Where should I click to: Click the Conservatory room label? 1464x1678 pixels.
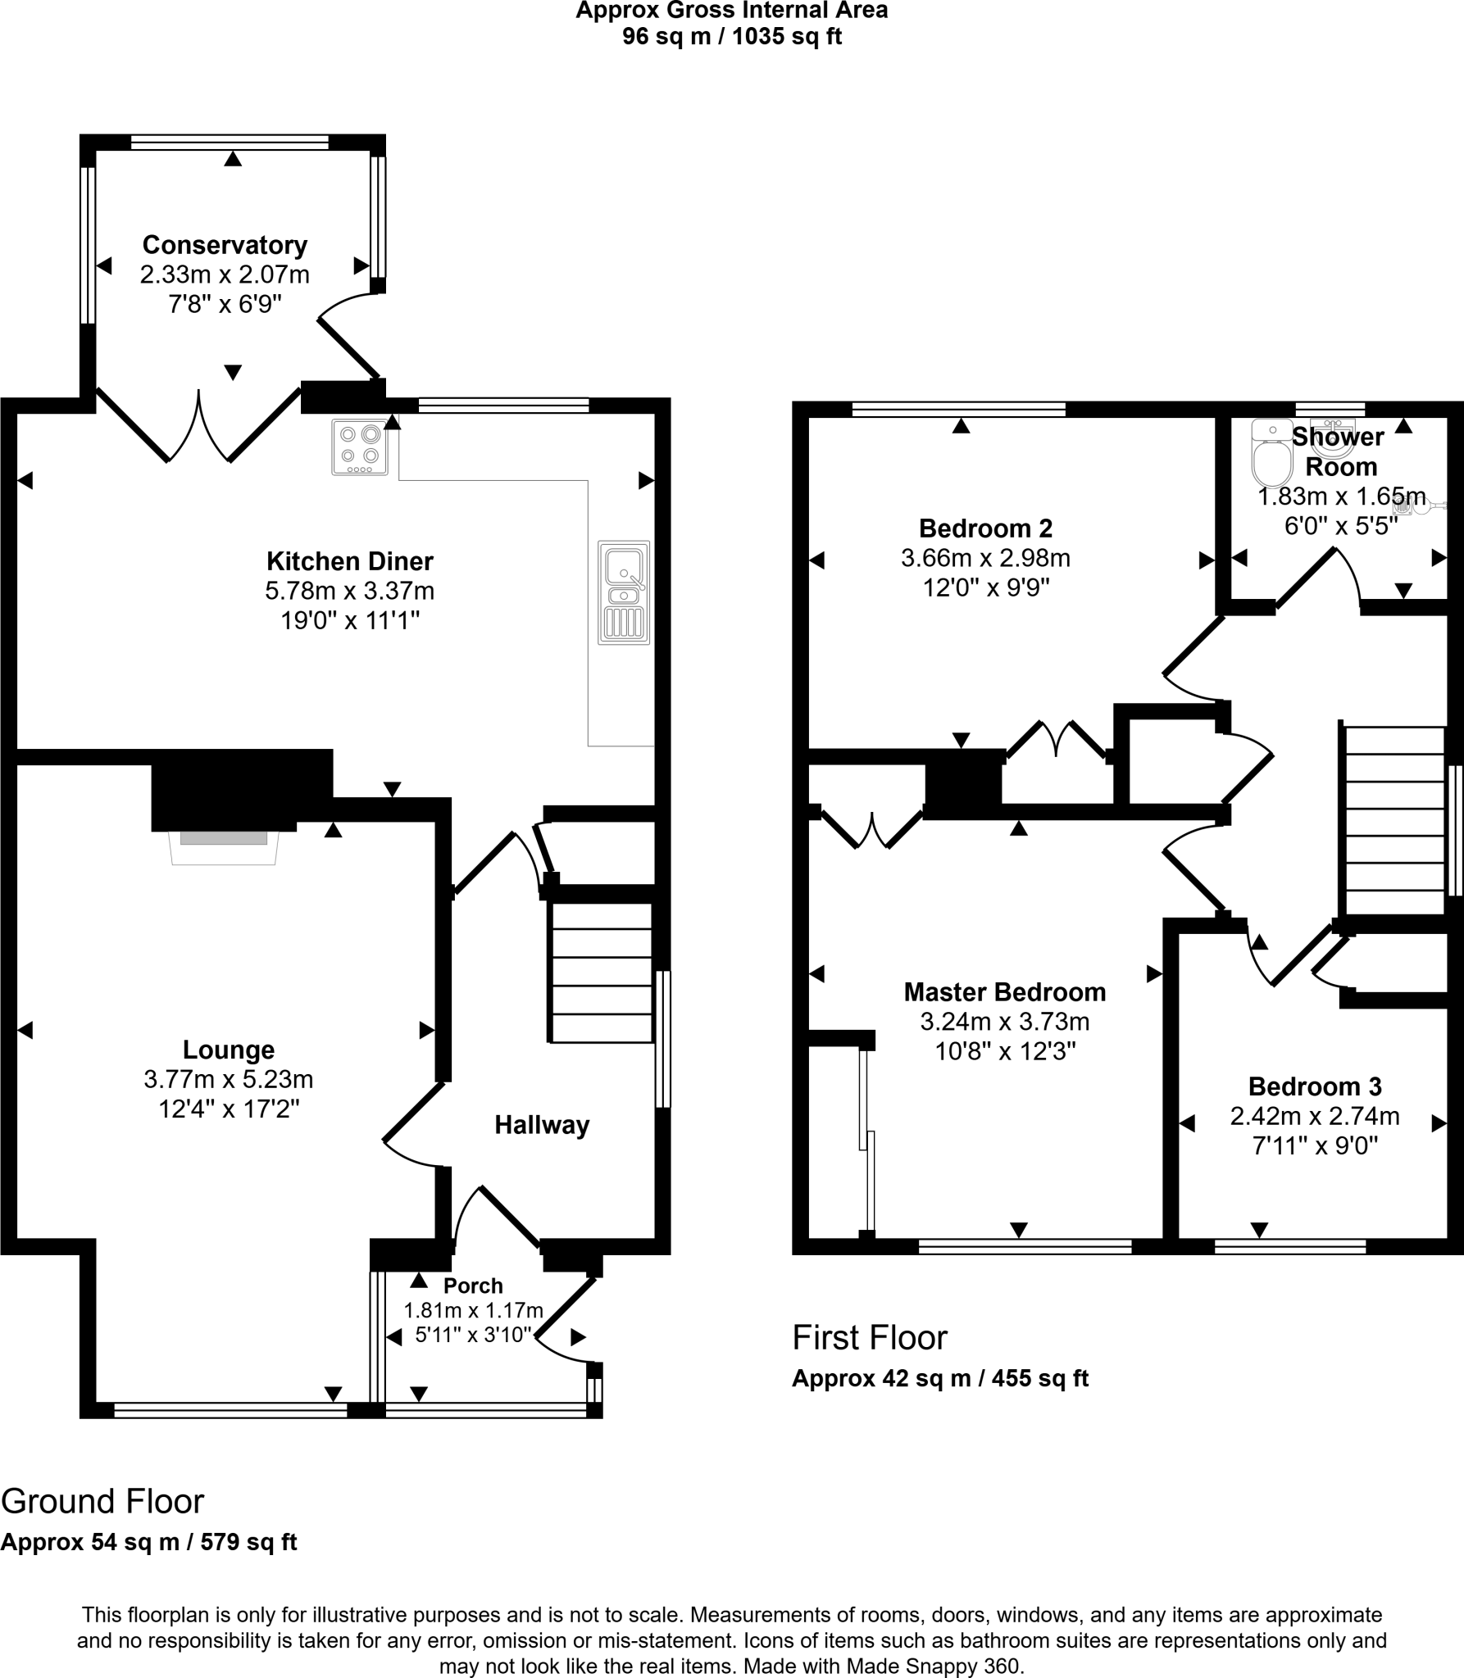click(225, 245)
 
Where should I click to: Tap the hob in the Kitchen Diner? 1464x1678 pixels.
click(360, 447)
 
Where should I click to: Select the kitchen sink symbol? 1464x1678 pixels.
click(624, 592)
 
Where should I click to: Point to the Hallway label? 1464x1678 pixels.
click(542, 1125)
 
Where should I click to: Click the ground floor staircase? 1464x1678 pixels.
click(602, 973)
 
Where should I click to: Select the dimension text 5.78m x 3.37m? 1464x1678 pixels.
click(350, 591)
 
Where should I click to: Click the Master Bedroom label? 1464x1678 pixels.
click(1005, 992)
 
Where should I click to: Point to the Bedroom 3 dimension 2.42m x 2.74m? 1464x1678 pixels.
click(1315, 1117)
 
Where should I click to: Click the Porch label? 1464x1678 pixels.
click(473, 1286)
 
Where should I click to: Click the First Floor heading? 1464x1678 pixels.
click(870, 1338)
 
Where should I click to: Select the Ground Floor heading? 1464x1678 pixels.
click(102, 1501)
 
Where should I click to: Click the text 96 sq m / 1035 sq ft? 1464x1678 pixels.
click(731, 37)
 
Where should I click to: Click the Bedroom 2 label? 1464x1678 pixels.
click(985, 528)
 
